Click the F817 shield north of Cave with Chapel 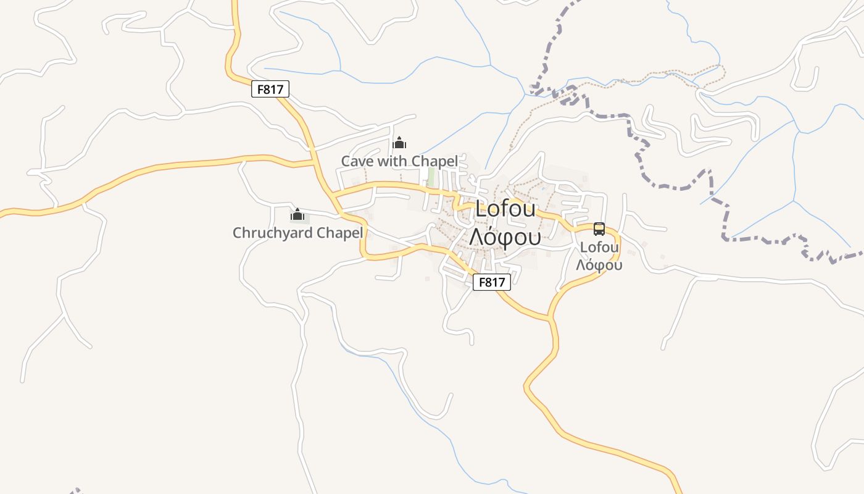(x=270, y=89)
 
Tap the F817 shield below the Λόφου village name (x=492, y=282)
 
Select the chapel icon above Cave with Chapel (x=399, y=144)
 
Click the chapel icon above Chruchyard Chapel (x=297, y=215)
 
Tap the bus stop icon (x=599, y=229)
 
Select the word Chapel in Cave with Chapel (x=435, y=162)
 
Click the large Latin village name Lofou (x=506, y=209)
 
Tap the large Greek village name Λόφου (x=505, y=237)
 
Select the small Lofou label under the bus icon (x=599, y=248)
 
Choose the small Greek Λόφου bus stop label (x=599, y=265)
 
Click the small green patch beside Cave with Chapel (x=431, y=177)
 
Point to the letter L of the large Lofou (x=482, y=209)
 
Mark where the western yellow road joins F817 (x=315, y=163)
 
